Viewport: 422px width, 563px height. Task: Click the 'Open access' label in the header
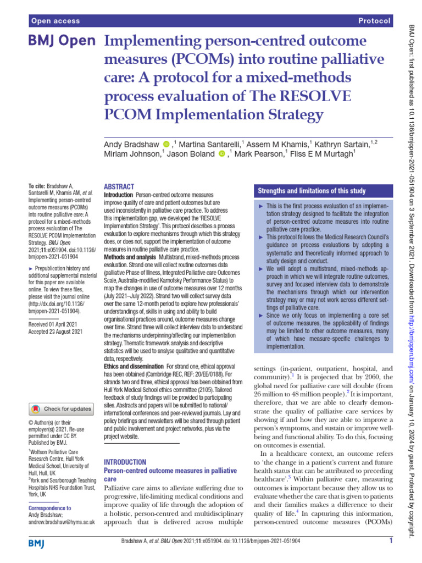[x=55, y=21]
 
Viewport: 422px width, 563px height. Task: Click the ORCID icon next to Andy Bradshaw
[x=167, y=144]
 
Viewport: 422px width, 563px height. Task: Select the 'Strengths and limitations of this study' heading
[x=312, y=191]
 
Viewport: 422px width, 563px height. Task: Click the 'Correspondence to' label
[x=49, y=508]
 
